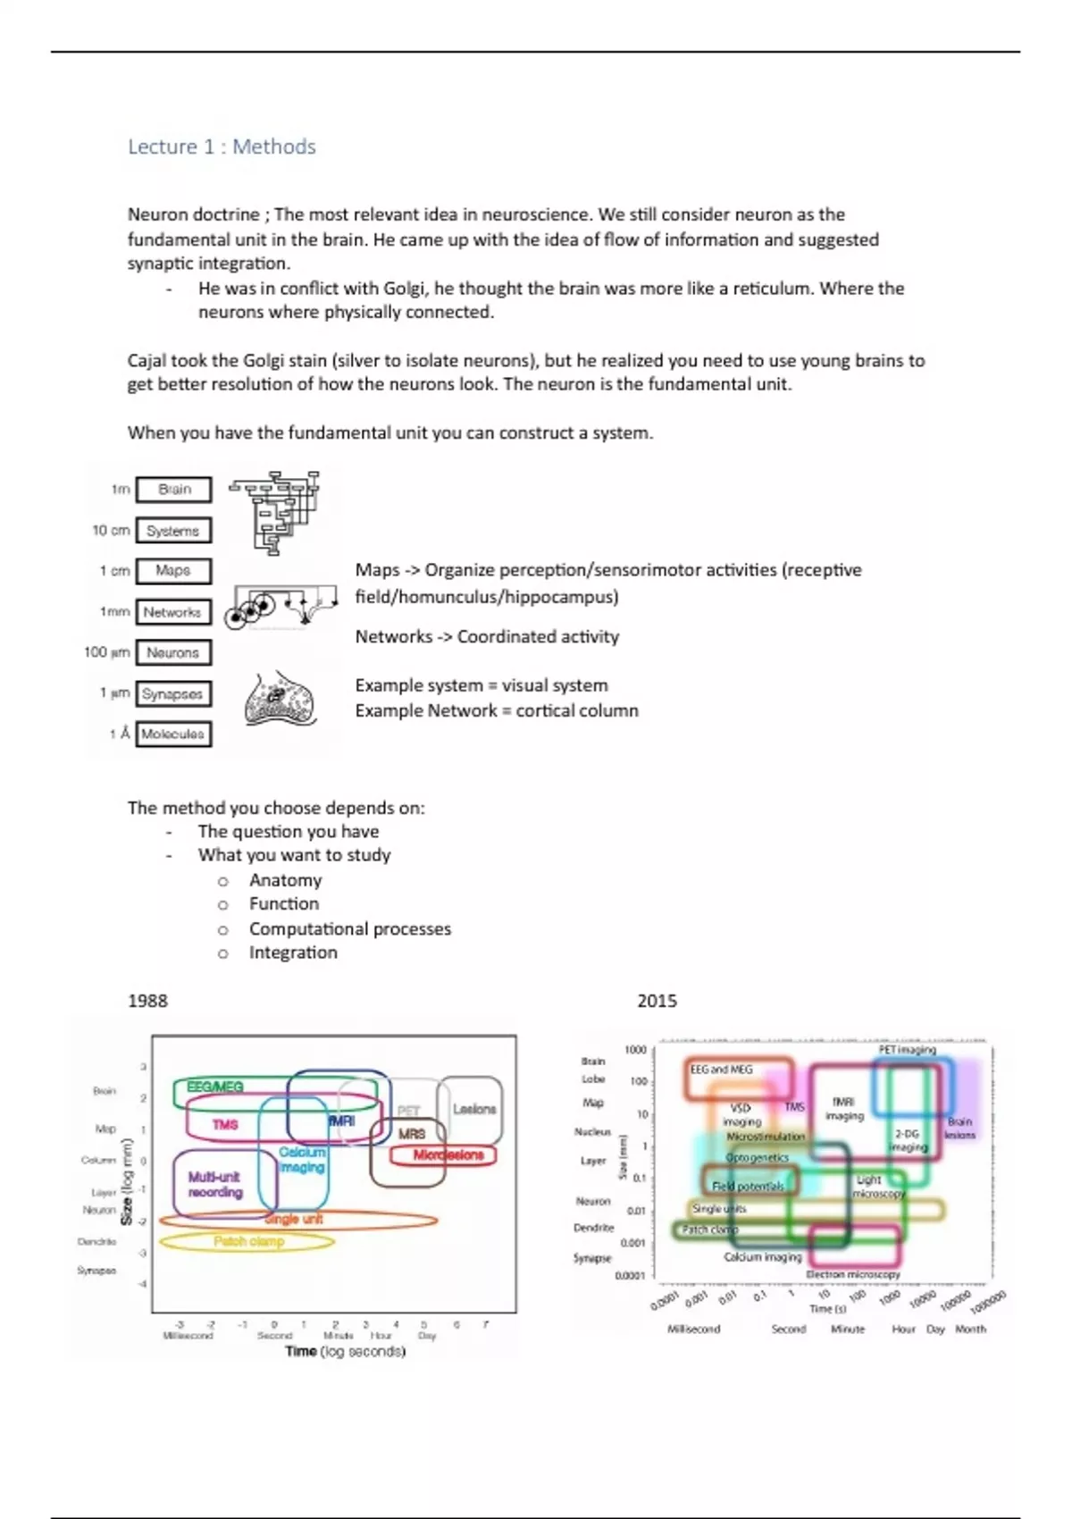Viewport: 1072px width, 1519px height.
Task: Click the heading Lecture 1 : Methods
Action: (222, 147)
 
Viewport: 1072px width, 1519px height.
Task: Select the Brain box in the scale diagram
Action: (174, 490)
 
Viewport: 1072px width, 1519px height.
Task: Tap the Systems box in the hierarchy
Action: (173, 531)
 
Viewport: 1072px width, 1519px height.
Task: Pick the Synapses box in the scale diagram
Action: (173, 693)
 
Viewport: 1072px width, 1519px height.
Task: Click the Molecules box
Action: (173, 734)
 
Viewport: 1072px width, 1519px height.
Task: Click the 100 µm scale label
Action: (106, 652)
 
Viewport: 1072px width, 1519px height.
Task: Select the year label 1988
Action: (147, 1001)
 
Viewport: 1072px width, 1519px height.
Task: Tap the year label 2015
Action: (657, 1001)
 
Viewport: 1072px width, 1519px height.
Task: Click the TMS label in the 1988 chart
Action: (225, 1124)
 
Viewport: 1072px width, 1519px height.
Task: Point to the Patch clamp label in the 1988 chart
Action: (248, 1241)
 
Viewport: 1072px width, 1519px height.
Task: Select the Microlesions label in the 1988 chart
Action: (448, 1154)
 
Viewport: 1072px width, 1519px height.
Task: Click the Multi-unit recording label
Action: (215, 1185)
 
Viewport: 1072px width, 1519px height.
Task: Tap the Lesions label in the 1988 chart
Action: (474, 1109)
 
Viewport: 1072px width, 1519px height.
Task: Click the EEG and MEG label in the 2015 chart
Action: (721, 1070)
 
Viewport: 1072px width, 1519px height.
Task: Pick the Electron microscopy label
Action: (853, 1274)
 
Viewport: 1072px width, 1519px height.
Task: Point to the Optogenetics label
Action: (758, 1157)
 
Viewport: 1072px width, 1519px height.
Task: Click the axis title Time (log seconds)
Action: (345, 1351)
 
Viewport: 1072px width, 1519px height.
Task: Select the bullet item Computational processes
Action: (350, 928)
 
